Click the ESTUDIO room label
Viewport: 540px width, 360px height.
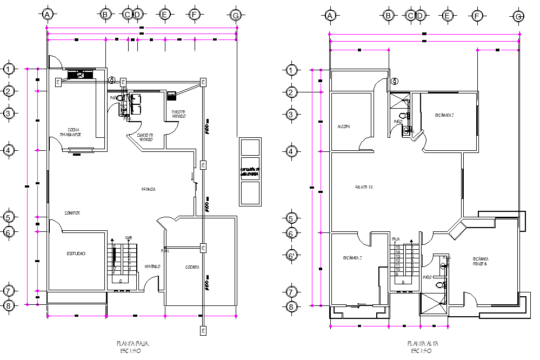coord(76,254)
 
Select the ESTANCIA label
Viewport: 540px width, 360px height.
coord(149,190)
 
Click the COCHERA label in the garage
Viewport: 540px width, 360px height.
coord(192,267)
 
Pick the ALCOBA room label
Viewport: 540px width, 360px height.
coord(344,126)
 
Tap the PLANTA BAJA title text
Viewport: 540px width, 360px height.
coord(133,343)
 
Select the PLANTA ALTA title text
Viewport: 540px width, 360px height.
coord(422,343)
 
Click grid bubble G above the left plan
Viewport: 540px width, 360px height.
coord(235,15)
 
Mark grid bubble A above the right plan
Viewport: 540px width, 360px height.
coord(330,16)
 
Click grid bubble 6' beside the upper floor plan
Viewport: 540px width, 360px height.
coord(291,255)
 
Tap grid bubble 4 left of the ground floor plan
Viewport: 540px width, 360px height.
coord(9,150)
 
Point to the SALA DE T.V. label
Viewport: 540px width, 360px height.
coord(364,186)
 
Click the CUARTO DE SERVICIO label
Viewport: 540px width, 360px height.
coord(145,137)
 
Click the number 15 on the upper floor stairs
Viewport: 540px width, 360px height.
coord(398,247)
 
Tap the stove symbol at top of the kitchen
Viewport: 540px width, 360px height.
coord(80,75)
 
